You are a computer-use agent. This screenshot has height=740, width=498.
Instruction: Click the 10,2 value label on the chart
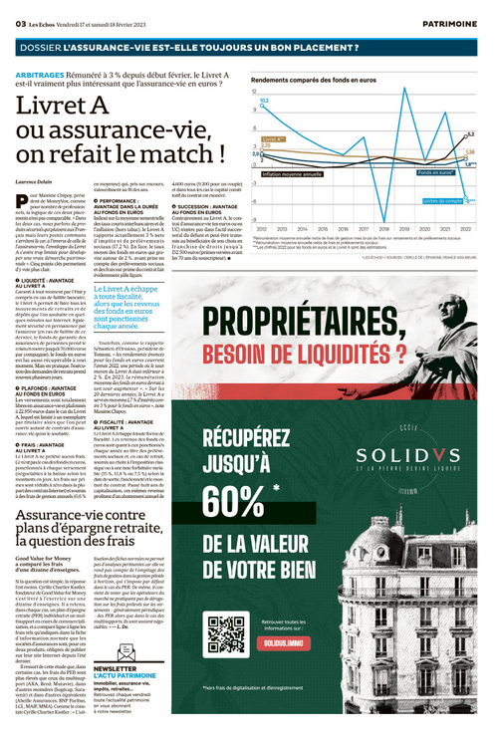(x=264, y=102)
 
